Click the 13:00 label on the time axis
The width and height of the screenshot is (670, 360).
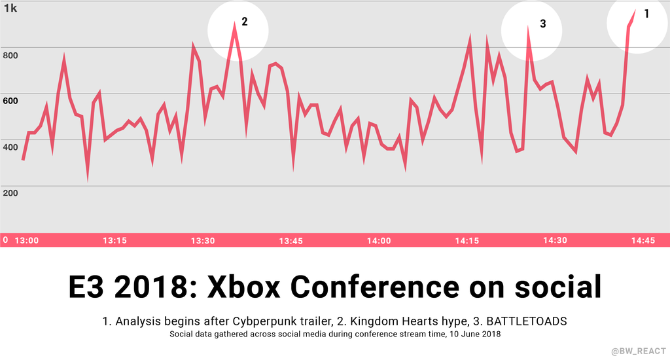point(27,240)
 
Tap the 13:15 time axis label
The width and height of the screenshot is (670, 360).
point(115,240)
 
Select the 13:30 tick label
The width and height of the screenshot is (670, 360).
point(203,240)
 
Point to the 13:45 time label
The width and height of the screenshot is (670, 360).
point(291,240)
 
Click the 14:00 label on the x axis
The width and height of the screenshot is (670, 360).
point(379,240)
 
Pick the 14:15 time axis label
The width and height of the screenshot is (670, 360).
point(467,240)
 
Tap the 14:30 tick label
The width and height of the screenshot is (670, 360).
point(555,240)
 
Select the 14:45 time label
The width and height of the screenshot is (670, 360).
point(643,240)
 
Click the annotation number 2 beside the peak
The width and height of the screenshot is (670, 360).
point(245,22)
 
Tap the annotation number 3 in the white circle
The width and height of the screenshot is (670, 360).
point(543,24)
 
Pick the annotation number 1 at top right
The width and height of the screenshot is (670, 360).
point(647,13)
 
